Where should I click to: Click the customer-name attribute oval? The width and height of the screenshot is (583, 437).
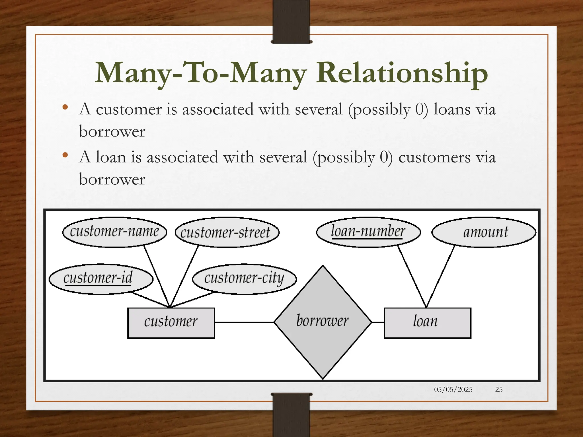(114, 232)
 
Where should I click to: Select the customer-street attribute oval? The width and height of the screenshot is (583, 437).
(227, 232)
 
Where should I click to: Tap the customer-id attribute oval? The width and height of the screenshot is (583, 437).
(101, 279)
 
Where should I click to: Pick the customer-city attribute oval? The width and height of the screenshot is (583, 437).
(244, 279)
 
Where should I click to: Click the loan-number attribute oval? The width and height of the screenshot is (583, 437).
(368, 232)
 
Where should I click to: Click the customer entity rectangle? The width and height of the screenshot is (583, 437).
(171, 323)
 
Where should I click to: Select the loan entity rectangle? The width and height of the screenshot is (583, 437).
(427, 323)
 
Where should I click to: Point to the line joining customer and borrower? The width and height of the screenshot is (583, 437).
(244, 322)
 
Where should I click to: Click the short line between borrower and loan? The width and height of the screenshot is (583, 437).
(378, 322)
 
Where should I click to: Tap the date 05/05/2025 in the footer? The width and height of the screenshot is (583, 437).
(453, 389)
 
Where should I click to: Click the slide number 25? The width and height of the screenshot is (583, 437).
(499, 389)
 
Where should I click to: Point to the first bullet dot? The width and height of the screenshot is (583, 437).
(65, 107)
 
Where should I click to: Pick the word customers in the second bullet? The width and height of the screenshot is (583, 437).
(434, 157)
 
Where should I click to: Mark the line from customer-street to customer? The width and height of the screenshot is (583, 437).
(184, 276)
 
